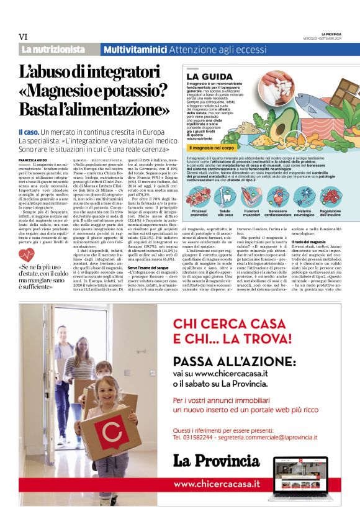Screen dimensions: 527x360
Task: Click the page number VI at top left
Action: click(24, 37)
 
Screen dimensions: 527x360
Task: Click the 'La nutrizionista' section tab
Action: click(53, 49)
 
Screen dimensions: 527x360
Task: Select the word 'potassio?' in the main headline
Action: click(138, 91)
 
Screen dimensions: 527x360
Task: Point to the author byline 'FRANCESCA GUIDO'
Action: click(32, 160)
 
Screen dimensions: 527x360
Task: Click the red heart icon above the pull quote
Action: click(26, 254)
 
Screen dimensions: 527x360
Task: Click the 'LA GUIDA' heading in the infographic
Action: click(205, 76)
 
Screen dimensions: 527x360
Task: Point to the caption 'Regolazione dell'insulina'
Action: click(331, 214)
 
